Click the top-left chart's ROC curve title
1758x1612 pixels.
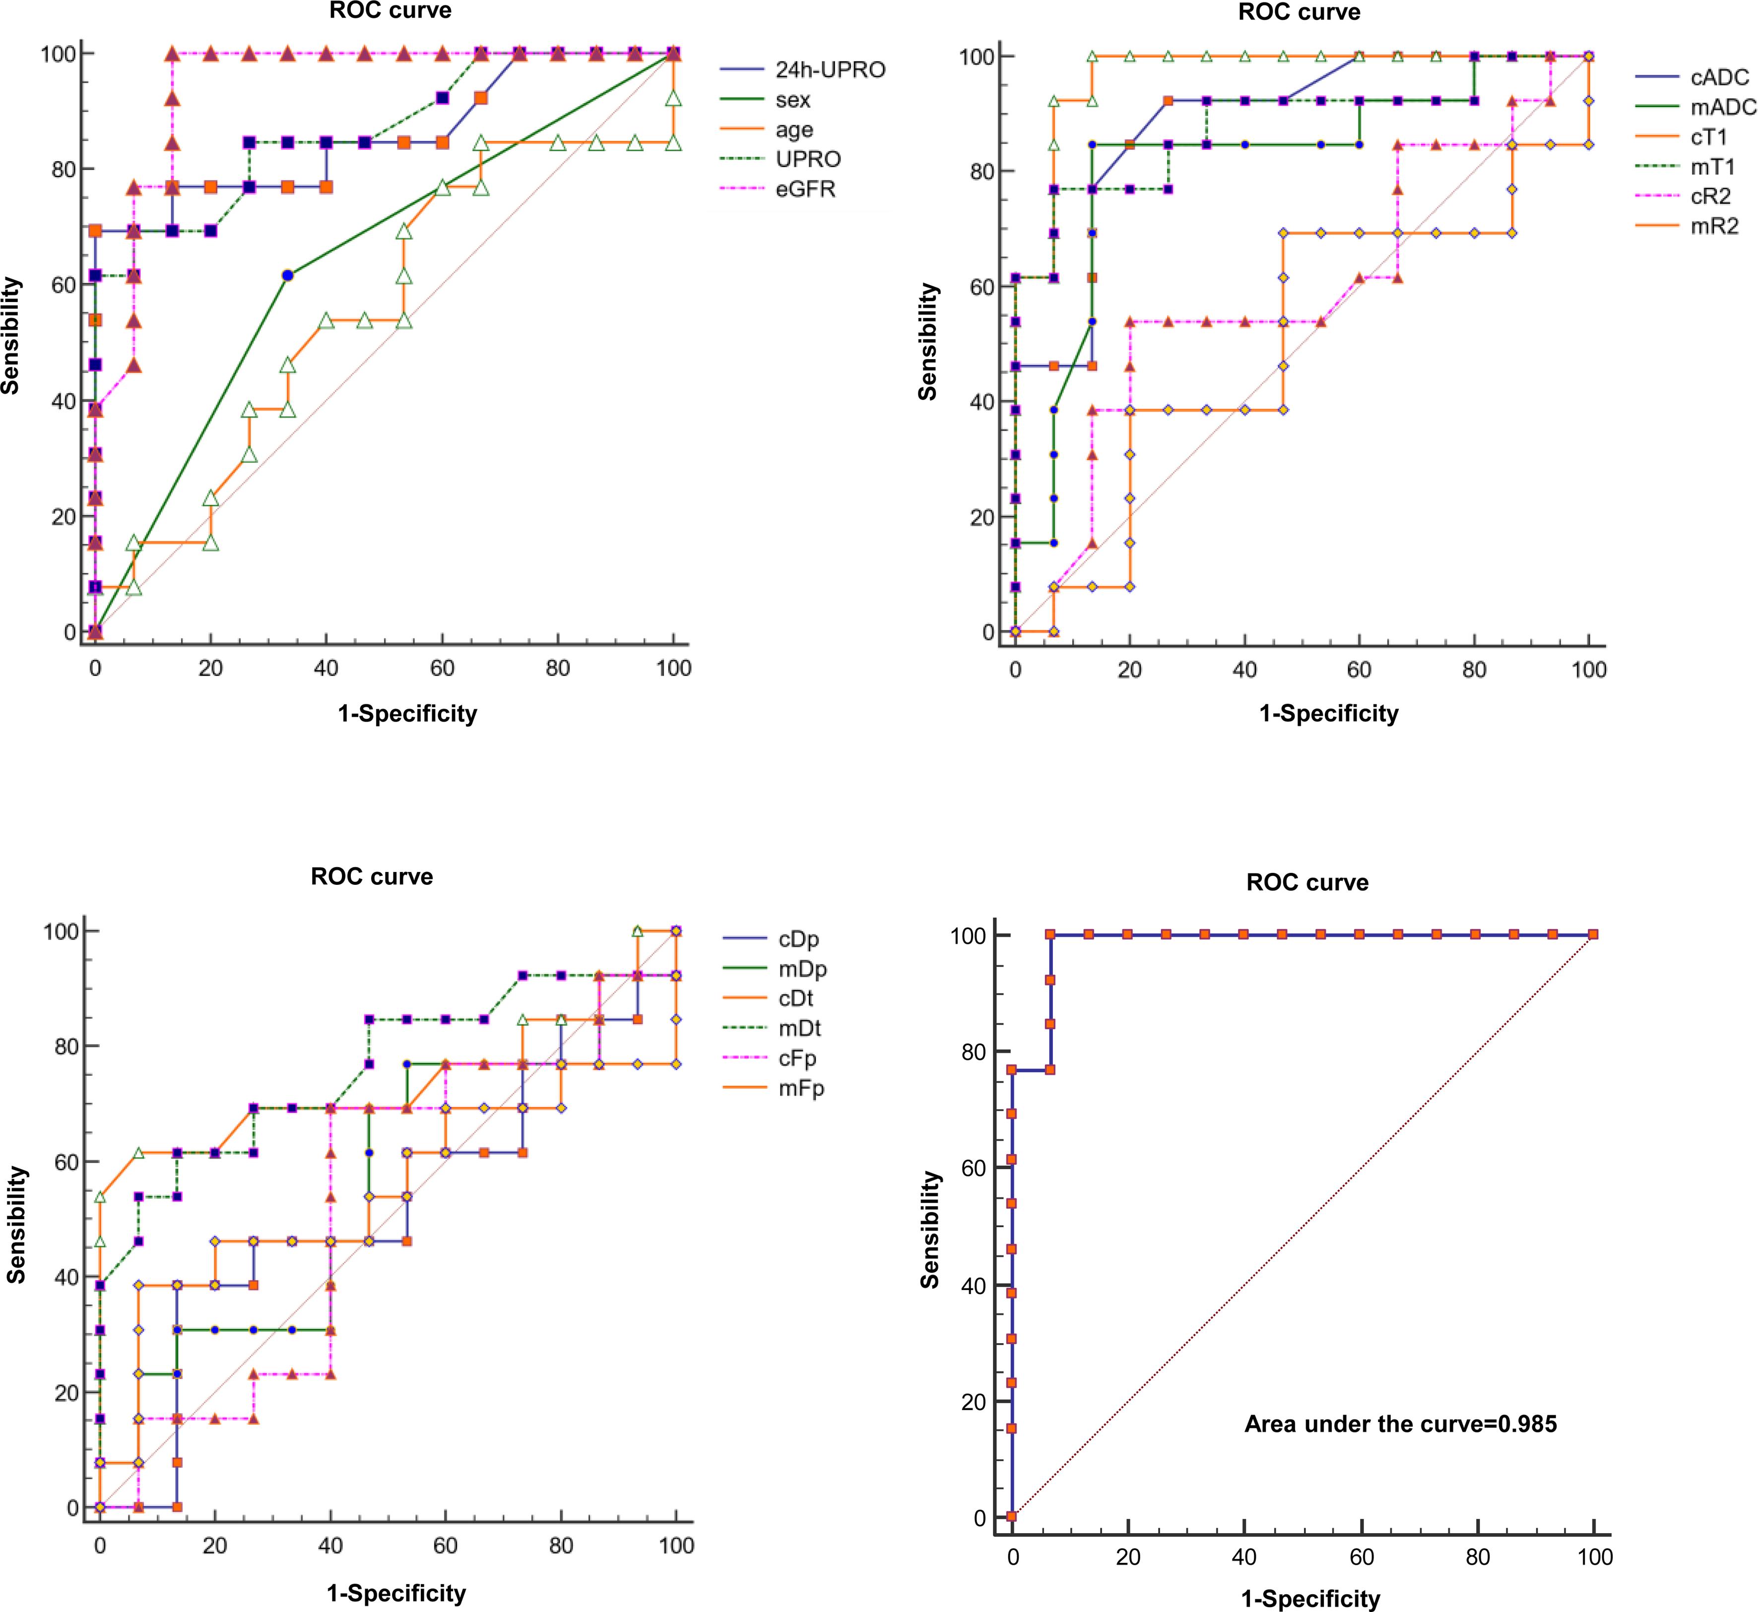(x=390, y=11)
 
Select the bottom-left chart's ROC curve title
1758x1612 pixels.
(x=372, y=876)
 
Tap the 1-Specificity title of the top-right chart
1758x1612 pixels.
(x=1328, y=714)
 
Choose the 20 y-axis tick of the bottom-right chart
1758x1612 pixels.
(x=975, y=1402)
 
